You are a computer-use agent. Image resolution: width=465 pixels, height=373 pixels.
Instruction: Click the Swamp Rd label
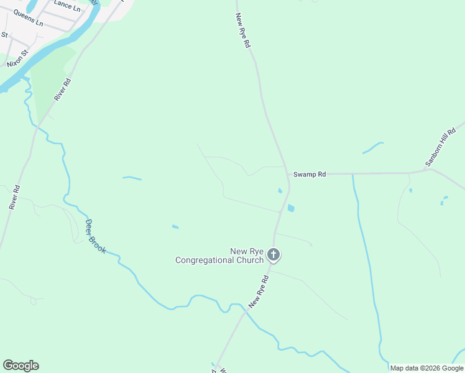(x=310, y=175)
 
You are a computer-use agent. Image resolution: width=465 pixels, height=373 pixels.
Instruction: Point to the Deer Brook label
(x=95, y=236)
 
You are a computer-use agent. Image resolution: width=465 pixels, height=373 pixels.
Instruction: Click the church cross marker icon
(x=274, y=254)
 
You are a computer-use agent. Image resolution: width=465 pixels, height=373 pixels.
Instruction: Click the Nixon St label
(x=18, y=59)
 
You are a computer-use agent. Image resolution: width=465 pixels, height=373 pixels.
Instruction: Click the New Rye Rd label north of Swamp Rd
(x=243, y=31)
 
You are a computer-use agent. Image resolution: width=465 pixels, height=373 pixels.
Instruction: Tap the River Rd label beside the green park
(x=63, y=89)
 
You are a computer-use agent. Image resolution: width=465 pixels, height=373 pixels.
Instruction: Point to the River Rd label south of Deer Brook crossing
(x=15, y=196)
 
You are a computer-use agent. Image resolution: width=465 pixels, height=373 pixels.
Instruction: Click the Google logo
(x=21, y=366)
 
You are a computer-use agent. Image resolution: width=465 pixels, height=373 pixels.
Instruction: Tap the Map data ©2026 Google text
(x=426, y=368)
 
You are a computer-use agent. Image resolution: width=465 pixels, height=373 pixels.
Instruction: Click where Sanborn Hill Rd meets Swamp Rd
(x=429, y=170)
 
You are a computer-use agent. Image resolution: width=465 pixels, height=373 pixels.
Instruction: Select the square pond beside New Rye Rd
(x=291, y=208)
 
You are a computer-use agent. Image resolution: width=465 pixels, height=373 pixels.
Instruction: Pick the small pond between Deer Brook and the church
(x=175, y=227)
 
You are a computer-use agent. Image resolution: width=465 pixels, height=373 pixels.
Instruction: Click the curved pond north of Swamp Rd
(x=372, y=147)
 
